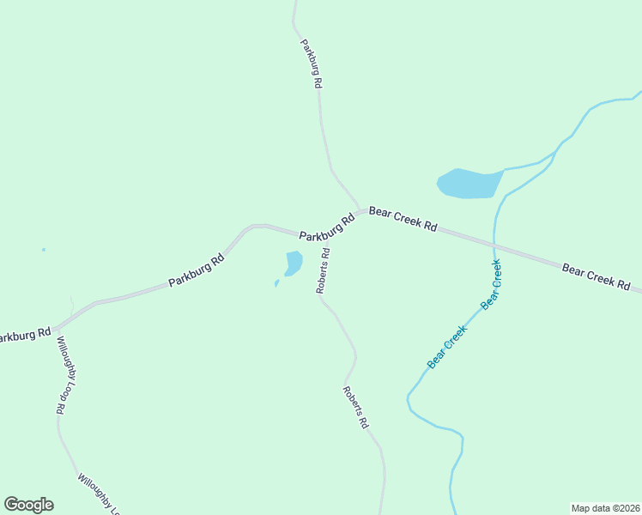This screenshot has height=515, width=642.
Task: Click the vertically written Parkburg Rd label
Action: pyautogui.click(x=311, y=64)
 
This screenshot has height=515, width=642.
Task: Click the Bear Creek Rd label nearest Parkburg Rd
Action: pyautogui.click(x=403, y=219)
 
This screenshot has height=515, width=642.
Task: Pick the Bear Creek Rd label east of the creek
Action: pyautogui.click(x=597, y=276)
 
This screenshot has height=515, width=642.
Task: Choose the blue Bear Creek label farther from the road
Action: pyautogui.click(x=447, y=347)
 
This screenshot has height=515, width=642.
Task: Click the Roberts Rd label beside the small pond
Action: pyautogui.click(x=324, y=271)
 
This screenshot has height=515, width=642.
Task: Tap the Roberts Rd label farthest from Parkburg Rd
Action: pyautogui.click(x=355, y=407)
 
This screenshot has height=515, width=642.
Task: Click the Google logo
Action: pyautogui.click(x=28, y=505)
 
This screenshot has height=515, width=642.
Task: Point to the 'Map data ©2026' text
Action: pyautogui.click(x=604, y=507)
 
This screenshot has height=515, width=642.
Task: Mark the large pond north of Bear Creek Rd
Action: pyautogui.click(x=469, y=183)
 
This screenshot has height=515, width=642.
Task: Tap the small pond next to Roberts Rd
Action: pyautogui.click(x=294, y=262)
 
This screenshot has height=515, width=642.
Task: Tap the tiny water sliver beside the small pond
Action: pyautogui.click(x=276, y=282)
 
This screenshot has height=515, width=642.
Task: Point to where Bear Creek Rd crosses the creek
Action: pyautogui.click(x=494, y=245)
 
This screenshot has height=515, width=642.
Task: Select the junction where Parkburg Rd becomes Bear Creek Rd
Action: pyautogui.click(x=360, y=209)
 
